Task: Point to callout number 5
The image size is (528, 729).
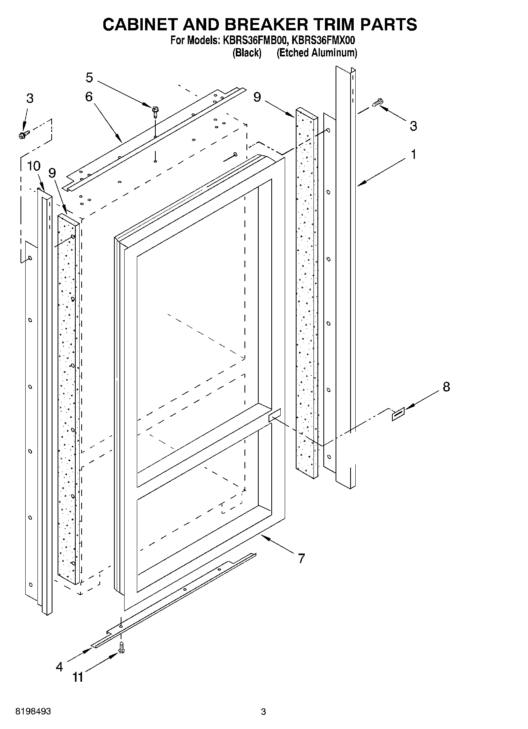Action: [90, 78]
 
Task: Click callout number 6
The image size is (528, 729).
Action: [89, 97]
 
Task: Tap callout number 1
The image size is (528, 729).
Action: [413, 155]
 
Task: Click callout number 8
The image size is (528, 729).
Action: [446, 387]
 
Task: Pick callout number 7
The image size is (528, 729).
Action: [301, 558]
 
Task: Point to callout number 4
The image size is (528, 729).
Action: [59, 667]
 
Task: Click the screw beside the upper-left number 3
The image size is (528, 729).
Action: [22, 135]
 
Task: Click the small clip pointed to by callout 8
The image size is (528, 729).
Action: [397, 415]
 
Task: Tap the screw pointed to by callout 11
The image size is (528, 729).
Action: [121, 648]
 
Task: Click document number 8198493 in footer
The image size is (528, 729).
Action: [33, 712]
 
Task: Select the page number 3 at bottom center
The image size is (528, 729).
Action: [263, 712]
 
